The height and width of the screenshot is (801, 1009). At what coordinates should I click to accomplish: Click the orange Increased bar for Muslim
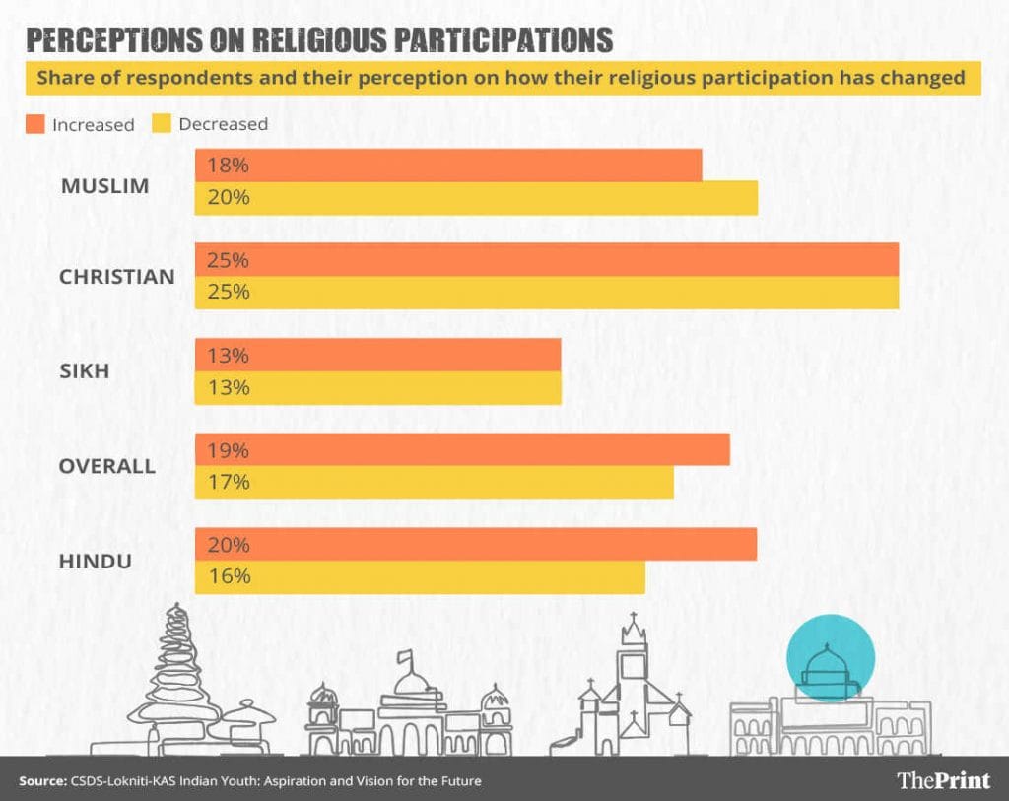coord(448,166)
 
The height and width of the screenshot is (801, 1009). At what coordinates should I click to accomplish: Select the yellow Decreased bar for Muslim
coord(476,198)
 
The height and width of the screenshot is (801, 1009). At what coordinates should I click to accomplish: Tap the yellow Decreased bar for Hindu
coord(420,577)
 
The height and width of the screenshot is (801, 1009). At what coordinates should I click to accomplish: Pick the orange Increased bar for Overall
coord(462,450)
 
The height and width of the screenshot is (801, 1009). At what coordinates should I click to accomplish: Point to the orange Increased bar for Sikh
coord(377,356)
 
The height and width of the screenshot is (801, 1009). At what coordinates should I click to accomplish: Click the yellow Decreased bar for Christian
coord(547,293)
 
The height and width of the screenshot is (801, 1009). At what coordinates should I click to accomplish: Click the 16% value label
coord(228,576)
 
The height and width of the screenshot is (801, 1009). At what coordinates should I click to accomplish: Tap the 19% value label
coord(228,450)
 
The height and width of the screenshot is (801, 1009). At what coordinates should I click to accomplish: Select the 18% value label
coord(228,166)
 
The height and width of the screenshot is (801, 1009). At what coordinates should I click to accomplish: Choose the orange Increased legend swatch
coord(35,124)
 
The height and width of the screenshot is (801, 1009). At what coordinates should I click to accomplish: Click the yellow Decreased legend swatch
coord(161,124)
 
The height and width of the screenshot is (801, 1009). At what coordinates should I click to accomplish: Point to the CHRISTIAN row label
coord(116,277)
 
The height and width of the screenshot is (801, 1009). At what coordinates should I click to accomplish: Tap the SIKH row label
coord(83,371)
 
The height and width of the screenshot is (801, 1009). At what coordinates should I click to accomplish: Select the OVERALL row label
coord(106,466)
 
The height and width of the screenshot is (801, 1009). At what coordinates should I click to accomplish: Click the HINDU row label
coord(97,562)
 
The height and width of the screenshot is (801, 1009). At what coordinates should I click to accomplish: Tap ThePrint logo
coord(943,780)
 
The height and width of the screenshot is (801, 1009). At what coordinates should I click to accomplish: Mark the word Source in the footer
coord(41,781)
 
